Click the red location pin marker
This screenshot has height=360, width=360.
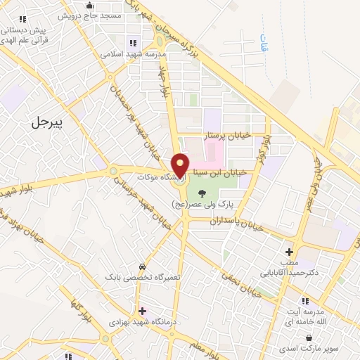click(x=180, y=165)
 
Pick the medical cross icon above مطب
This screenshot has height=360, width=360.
click(x=289, y=251)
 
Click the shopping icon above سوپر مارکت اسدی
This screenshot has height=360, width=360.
click(x=309, y=338)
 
